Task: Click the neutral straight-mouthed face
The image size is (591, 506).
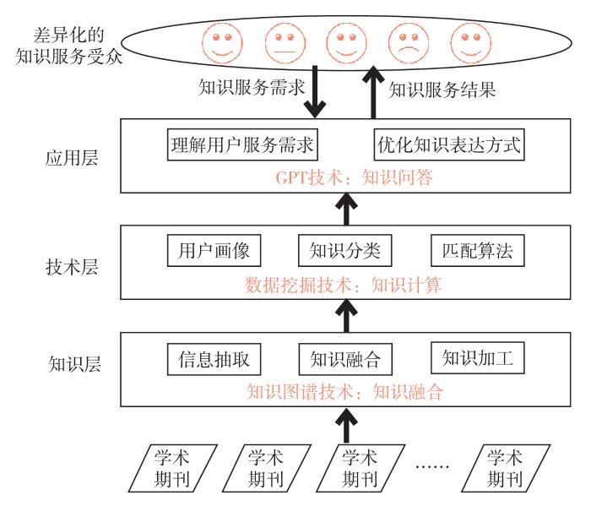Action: click(284, 41)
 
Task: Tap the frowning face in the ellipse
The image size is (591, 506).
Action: click(407, 41)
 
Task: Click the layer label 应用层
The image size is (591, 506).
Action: click(74, 158)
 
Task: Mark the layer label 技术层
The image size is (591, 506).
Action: click(74, 268)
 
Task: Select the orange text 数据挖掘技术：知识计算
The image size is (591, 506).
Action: click(344, 286)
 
